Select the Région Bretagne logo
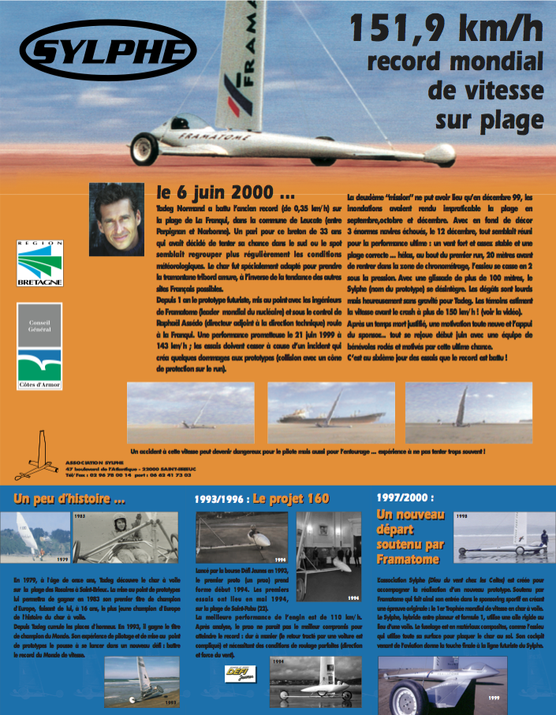(x=39, y=263)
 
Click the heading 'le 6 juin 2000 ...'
(x=226, y=192)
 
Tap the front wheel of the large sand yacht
(x=144, y=147)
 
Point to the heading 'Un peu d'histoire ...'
(x=69, y=499)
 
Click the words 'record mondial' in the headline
(x=456, y=62)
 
